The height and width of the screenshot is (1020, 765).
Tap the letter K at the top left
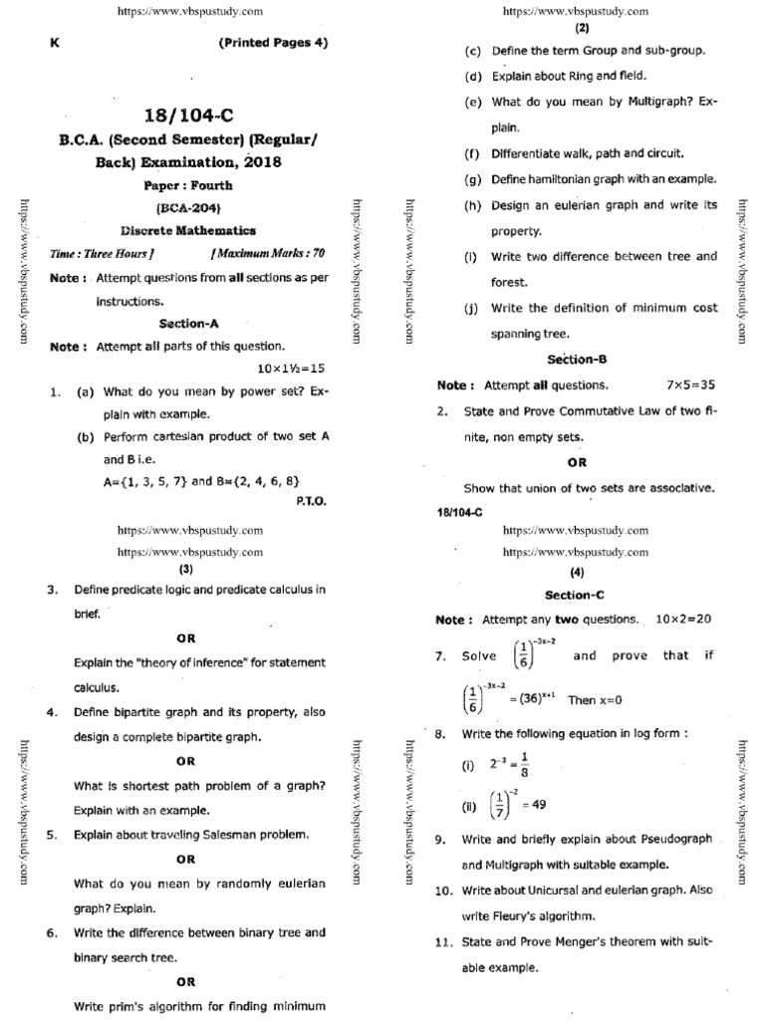pyautogui.click(x=54, y=43)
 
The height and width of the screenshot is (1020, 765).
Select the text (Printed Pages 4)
pyautogui.click(x=271, y=43)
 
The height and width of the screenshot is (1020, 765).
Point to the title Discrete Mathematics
pyautogui.click(x=189, y=230)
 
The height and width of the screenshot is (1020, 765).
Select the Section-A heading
pyautogui.click(x=189, y=324)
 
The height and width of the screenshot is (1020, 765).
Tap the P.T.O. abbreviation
pyautogui.click(x=311, y=501)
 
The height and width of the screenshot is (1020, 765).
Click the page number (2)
pyautogui.click(x=576, y=29)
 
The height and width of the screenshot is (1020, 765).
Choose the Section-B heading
pyautogui.click(x=577, y=359)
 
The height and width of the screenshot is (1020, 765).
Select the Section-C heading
pyautogui.click(x=576, y=595)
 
